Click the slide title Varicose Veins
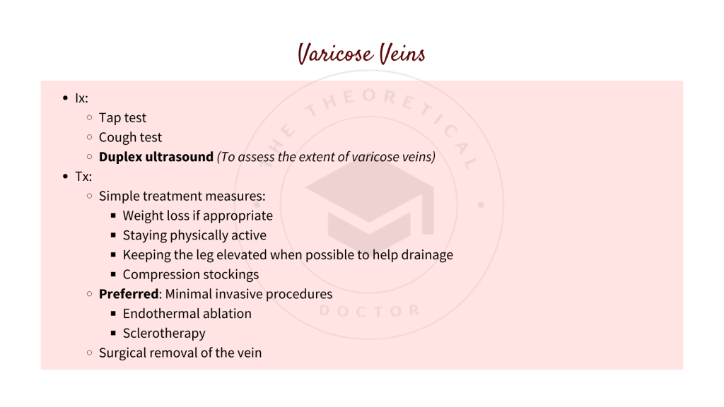pos(361,53)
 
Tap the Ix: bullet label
pos(81,98)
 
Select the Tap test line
pos(122,118)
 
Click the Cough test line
pos(130,137)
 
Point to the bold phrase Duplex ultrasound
pos(156,157)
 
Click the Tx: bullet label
pos(83,177)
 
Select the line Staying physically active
pos(194,235)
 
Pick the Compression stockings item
pos(191,274)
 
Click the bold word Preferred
pos(128,294)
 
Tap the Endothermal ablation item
pos(187,313)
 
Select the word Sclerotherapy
pos(164,333)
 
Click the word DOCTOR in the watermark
pos(369,311)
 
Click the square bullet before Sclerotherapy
pos(113,333)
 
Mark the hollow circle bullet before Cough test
pos(89,137)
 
